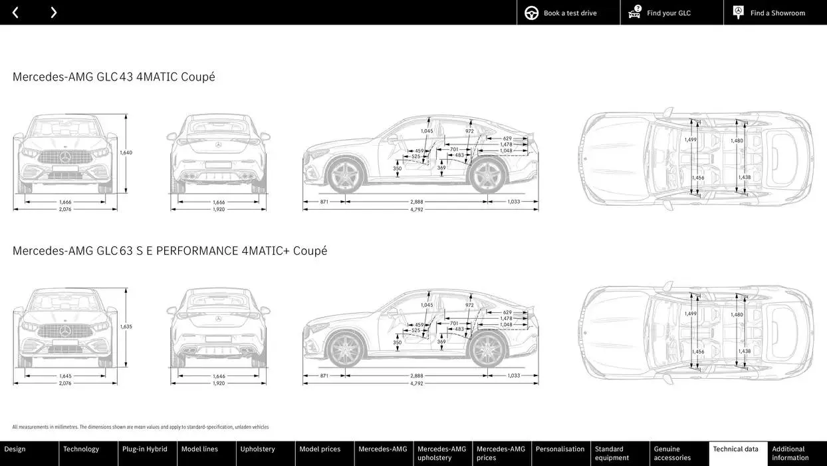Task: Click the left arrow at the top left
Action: (x=15, y=13)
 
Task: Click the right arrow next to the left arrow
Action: (x=53, y=13)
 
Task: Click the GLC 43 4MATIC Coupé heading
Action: (x=114, y=77)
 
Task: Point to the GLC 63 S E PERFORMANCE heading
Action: (x=170, y=251)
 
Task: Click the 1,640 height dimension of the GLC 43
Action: (x=126, y=152)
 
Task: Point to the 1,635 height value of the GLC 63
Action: (x=126, y=327)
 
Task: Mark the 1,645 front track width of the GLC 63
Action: (x=65, y=376)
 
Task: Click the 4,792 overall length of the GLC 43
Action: (x=417, y=210)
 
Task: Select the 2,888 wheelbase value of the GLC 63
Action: (x=417, y=375)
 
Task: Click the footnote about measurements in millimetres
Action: (x=140, y=427)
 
